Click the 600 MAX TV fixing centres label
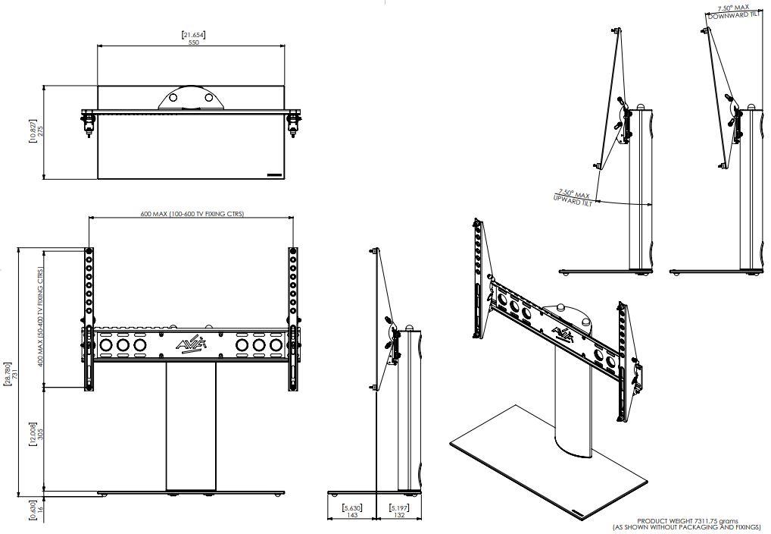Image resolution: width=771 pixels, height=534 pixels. tap(192, 214)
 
